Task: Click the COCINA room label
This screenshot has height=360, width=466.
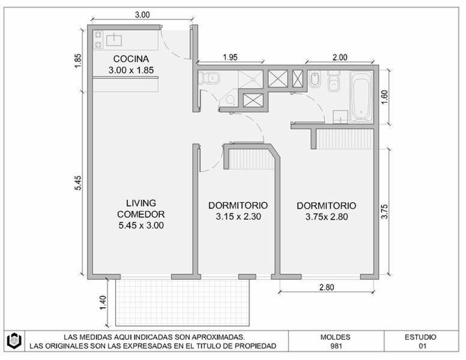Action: pyautogui.click(x=131, y=59)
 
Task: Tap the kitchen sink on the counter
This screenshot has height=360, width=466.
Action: pyautogui.click(x=114, y=40)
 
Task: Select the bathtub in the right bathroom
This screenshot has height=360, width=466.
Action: pyautogui.click(x=362, y=97)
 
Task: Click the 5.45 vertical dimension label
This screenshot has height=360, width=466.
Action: pyautogui.click(x=78, y=183)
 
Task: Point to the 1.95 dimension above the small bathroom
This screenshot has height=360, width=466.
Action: pyautogui.click(x=230, y=57)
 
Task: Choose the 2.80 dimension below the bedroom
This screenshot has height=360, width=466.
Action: pyautogui.click(x=327, y=287)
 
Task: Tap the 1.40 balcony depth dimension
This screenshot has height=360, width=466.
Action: pyautogui.click(x=103, y=302)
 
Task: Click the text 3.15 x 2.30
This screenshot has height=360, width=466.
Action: pyautogui.click(x=238, y=217)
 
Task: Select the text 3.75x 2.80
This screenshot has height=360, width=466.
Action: pyautogui.click(x=327, y=217)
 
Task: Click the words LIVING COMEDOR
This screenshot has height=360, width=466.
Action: pyautogui.click(x=141, y=208)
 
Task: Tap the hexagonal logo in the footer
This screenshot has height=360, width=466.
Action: pyautogui.click(x=14, y=341)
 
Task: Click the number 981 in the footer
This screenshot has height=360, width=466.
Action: pyautogui.click(x=336, y=346)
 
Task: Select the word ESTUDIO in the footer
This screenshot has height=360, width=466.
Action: pyautogui.click(x=420, y=337)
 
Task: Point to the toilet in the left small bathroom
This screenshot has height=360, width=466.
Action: pyautogui.click(x=209, y=78)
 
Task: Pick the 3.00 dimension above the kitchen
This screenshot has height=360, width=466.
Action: pyautogui.click(x=142, y=15)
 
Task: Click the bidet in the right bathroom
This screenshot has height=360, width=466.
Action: pyautogui.click(x=315, y=80)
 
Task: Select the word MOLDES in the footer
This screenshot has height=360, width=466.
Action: pyautogui.click(x=335, y=337)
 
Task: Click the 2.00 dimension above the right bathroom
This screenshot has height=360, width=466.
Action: pyautogui.click(x=340, y=57)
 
